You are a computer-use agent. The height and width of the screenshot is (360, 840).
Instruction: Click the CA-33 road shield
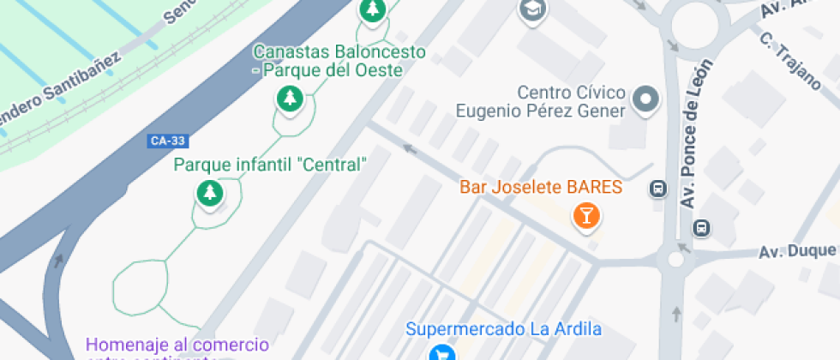(x=166, y=141)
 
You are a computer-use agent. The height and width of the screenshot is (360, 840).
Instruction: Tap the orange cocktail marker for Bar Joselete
(x=586, y=214)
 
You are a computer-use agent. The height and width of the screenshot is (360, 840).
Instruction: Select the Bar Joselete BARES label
(x=541, y=187)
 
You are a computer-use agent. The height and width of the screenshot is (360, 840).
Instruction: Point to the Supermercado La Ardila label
(x=503, y=329)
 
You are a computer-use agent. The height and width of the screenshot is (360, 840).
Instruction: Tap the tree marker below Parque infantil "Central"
(x=209, y=193)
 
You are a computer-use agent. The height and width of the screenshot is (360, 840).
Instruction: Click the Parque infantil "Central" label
(x=270, y=165)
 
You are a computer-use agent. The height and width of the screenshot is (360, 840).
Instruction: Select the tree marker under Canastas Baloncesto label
(x=290, y=99)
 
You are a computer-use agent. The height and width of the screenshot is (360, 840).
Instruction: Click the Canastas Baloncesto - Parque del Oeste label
(x=339, y=61)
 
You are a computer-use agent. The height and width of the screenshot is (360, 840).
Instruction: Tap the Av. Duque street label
(x=797, y=252)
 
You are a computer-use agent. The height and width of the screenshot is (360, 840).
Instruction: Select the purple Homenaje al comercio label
(x=177, y=346)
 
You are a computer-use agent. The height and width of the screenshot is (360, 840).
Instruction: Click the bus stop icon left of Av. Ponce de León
(x=658, y=189)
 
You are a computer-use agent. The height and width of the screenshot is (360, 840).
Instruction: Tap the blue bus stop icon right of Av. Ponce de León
(x=701, y=227)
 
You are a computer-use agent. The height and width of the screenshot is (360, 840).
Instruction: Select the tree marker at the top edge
(x=372, y=9)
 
